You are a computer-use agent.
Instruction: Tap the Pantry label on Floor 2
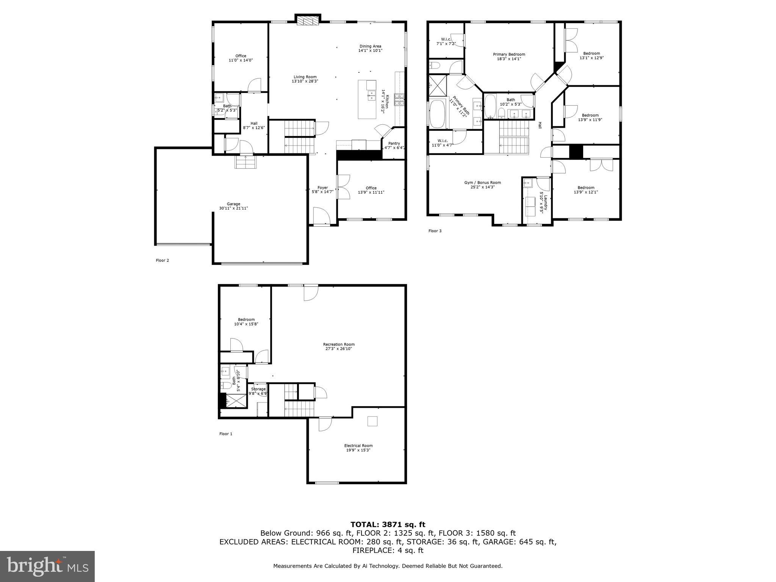point(394,144)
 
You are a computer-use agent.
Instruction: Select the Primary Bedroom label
point(509,55)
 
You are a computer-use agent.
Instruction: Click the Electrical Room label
point(358,446)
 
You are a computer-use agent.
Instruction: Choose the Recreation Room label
point(339,344)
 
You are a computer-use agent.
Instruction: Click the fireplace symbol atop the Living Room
point(307,21)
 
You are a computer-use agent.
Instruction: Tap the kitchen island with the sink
point(367,99)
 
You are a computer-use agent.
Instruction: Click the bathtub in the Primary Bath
point(438,114)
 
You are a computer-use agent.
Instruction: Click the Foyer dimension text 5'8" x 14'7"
point(322,192)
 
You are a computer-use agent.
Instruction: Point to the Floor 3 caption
point(435,231)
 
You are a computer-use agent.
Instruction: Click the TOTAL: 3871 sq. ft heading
point(388,525)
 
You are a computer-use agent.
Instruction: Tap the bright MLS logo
point(47,566)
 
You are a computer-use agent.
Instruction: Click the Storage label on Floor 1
point(258,389)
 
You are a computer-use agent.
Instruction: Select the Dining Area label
point(370,46)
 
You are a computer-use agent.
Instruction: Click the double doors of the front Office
point(343,186)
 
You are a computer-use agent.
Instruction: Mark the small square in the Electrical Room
point(372,421)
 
